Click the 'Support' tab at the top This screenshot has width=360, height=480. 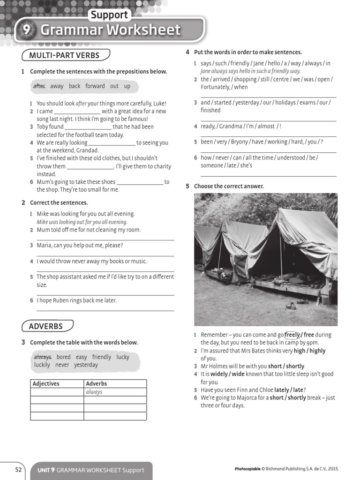pyautogui.click(x=109, y=15)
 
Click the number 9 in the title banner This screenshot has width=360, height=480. pyautogui.click(x=25, y=30)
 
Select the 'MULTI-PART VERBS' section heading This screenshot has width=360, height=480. pyautogui.click(x=64, y=55)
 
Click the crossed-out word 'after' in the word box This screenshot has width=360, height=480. pyautogui.click(x=39, y=86)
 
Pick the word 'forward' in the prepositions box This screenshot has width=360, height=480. pyautogui.click(x=95, y=86)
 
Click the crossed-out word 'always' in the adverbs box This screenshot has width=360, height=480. pyautogui.click(x=43, y=357)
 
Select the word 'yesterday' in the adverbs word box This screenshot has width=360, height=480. pyautogui.click(x=86, y=365)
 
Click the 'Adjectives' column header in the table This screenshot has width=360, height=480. pyautogui.click(x=46, y=384)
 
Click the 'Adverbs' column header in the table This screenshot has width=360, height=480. pyautogui.click(x=97, y=384)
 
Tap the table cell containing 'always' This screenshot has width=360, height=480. pyautogui.click(x=115, y=392)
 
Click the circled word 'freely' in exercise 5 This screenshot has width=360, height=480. pyautogui.click(x=292, y=335)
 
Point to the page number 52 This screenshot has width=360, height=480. pyautogui.click(x=18, y=470)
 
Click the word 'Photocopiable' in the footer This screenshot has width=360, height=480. pyautogui.click(x=247, y=469)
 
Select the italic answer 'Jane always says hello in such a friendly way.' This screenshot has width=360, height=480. pyautogui.click(x=250, y=71)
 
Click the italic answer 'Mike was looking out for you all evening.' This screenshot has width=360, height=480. pyautogui.click(x=82, y=222)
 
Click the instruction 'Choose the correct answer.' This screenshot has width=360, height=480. pyautogui.click(x=229, y=186)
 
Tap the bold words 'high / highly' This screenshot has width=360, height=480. pyautogui.click(x=309, y=351)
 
